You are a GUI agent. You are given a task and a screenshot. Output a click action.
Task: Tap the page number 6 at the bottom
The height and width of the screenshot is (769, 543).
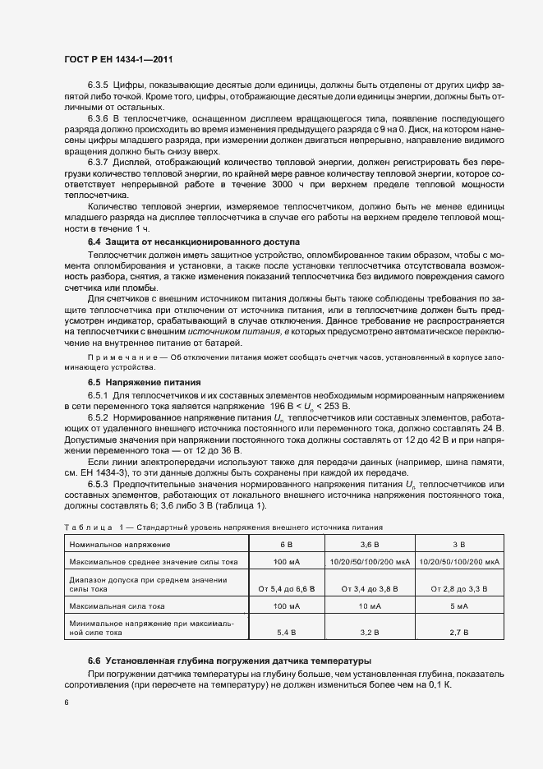pyautogui.click(x=67, y=702)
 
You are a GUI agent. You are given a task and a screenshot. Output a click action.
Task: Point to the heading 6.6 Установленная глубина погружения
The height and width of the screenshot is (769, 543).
pyautogui.click(x=230, y=661)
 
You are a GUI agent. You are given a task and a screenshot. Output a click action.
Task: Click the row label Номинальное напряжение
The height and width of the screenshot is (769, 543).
pyautogui.click(x=120, y=545)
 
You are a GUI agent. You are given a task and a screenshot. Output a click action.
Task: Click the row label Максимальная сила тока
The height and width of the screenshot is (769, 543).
pyautogui.click(x=117, y=606)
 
